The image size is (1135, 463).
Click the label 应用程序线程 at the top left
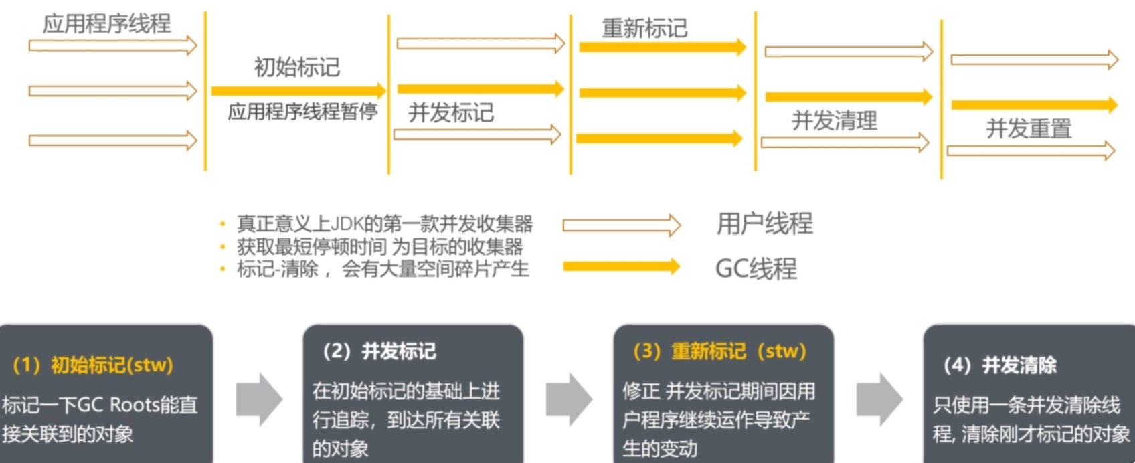(x=107, y=24)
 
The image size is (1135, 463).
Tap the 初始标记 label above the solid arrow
(x=297, y=67)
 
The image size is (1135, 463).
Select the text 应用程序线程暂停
(x=302, y=111)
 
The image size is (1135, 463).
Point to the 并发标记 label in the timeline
(x=451, y=112)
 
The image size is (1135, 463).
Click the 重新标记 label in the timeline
(x=644, y=28)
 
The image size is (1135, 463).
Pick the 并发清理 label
(x=834, y=120)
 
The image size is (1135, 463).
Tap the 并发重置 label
(x=1029, y=128)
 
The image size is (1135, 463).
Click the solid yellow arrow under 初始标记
(x=298, y=90)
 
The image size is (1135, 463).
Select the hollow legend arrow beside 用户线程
(x=621, y=225)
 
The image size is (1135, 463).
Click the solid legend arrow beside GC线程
(x=621, y=267)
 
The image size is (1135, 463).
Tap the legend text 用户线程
(x=764, y=223)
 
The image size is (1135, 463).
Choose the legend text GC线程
(x=756, y=268)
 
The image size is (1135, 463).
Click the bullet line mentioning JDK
(x=384, y=223)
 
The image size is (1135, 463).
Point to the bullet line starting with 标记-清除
(x=382, y=269)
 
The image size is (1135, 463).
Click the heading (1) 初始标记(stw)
(x=93, y=365)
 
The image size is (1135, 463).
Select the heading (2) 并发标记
(x=379, y=351)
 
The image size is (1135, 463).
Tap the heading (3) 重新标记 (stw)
(x=719, y=351)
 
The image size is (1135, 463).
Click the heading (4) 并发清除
(x=1000, y=365)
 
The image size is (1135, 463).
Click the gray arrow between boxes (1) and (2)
(x=259, y=399)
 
